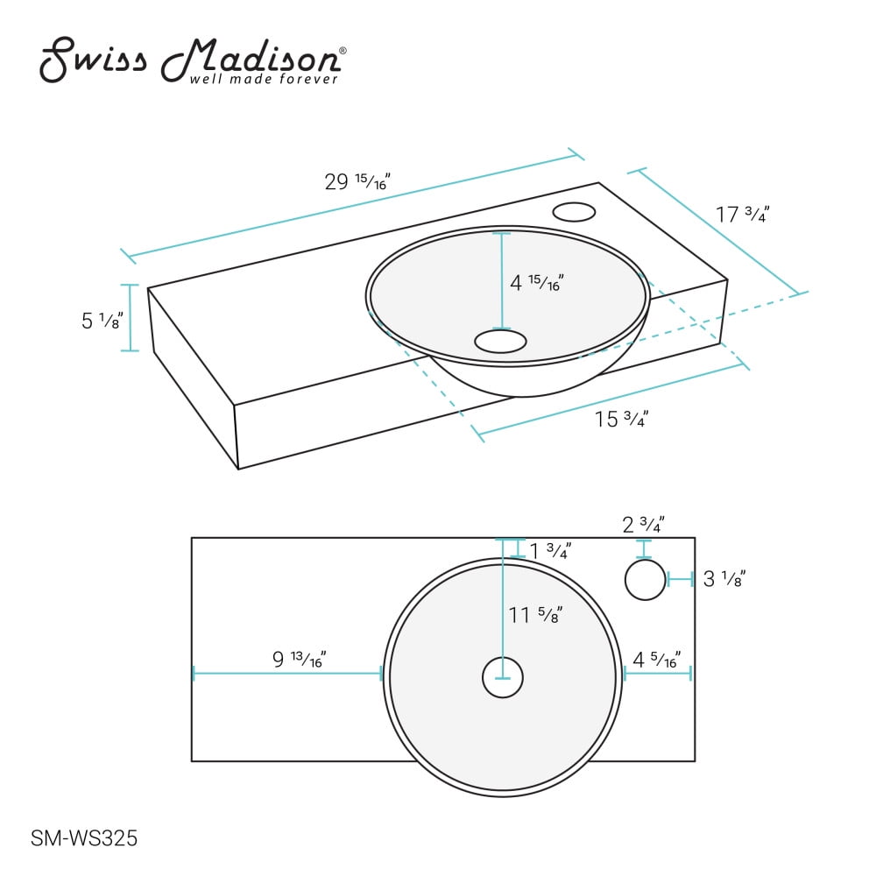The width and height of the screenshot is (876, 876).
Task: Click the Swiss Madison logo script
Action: tap(188, 59)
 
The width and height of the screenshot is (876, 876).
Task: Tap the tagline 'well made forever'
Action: tap(264, 80)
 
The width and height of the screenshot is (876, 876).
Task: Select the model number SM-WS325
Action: tap(84, 838)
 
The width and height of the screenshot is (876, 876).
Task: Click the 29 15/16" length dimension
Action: tap(357, 182)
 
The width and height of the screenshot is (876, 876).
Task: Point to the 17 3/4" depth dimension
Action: tap(741, 214)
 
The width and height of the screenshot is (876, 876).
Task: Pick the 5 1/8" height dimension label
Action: tap(101, 321)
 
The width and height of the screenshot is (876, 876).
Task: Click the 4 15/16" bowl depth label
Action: tap(536, 283)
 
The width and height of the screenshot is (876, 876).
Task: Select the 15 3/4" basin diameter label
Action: tap(621, 419)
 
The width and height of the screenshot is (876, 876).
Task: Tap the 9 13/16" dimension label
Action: tap(299, 659)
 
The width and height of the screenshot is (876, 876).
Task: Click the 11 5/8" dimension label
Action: tap(534, 616)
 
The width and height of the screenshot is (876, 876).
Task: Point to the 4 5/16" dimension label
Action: tap(656, 659)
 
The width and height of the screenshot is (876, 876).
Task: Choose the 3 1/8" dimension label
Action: tap(724, 578)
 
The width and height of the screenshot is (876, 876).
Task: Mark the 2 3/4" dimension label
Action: tap(643, 525)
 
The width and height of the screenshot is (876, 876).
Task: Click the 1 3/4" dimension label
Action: tap(549, 551)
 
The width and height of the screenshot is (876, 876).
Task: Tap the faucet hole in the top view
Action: tap(646, 580)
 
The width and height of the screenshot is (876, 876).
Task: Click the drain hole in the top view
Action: tap(503, 678)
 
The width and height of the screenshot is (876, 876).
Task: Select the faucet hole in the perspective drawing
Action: tap(575, 211)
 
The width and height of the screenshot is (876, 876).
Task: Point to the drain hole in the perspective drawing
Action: tap(500, 341)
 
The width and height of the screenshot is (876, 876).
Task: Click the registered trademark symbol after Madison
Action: tap(343, 52)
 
